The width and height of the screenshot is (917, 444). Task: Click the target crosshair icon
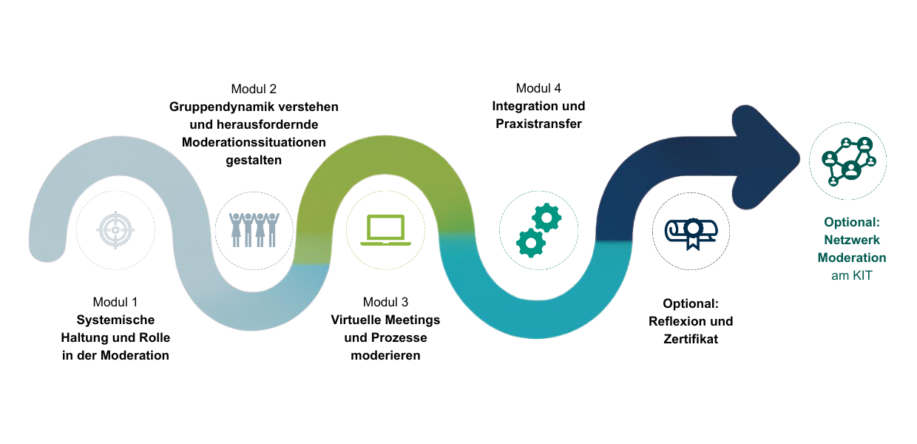[115, 230]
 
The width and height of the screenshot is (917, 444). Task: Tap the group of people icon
[254, 230]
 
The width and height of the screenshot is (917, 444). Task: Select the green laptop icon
[385, 230]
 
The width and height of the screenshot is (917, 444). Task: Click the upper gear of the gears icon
[547, 218]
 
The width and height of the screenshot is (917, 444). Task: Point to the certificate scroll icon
[691, 233]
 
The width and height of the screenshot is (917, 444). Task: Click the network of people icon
[849, 161]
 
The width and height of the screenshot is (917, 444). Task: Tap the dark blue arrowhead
[766, 158]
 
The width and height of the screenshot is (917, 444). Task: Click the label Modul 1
[115, 302]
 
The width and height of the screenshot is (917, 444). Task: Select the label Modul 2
[254, 89]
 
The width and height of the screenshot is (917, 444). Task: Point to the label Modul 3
[385, 302]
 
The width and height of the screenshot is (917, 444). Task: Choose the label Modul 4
[538, 88]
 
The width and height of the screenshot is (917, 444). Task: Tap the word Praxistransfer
[538, 124]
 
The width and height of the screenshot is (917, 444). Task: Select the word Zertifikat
[691, 339]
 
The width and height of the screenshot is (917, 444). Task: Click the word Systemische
[115, 320]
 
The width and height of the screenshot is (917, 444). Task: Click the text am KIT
[851, 276]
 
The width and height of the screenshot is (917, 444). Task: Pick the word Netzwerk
[851, 240]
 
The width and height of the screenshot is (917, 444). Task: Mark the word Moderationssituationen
[254, 142]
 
